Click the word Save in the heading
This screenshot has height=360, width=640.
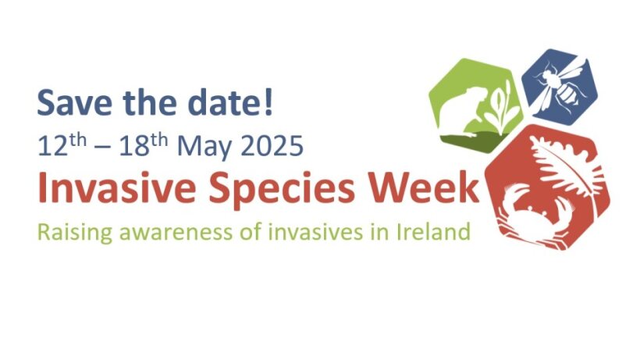pyautogui.click(x=74, y=102)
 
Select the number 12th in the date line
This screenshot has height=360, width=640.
pyautogui.click(x=62, y=144)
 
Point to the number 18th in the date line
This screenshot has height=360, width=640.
pyautogui.click(x=144, y=144)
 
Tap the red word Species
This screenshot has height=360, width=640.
pyautogui.click(x=282, y=190)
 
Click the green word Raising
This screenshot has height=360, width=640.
pyautogui.click(x=75, y=233)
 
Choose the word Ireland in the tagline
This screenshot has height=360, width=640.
pyautogui.click(x=433, y=231)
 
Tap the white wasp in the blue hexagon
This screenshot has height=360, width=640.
pyautogui.click(x=562, y=85)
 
